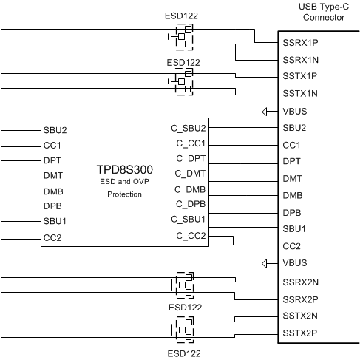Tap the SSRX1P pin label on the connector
pos(301,43)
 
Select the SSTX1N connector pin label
pos(301,93)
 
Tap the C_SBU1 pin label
pos(191,220)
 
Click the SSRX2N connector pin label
pos(301,282)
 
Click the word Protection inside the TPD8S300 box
pos(124,194)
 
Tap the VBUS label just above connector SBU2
pos(295,112)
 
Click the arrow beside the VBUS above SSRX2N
pos(267,263)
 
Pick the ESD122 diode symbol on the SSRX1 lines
pos(182,35)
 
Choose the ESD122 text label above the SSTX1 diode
pos(182,63)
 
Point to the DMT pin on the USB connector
pos(292,179)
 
